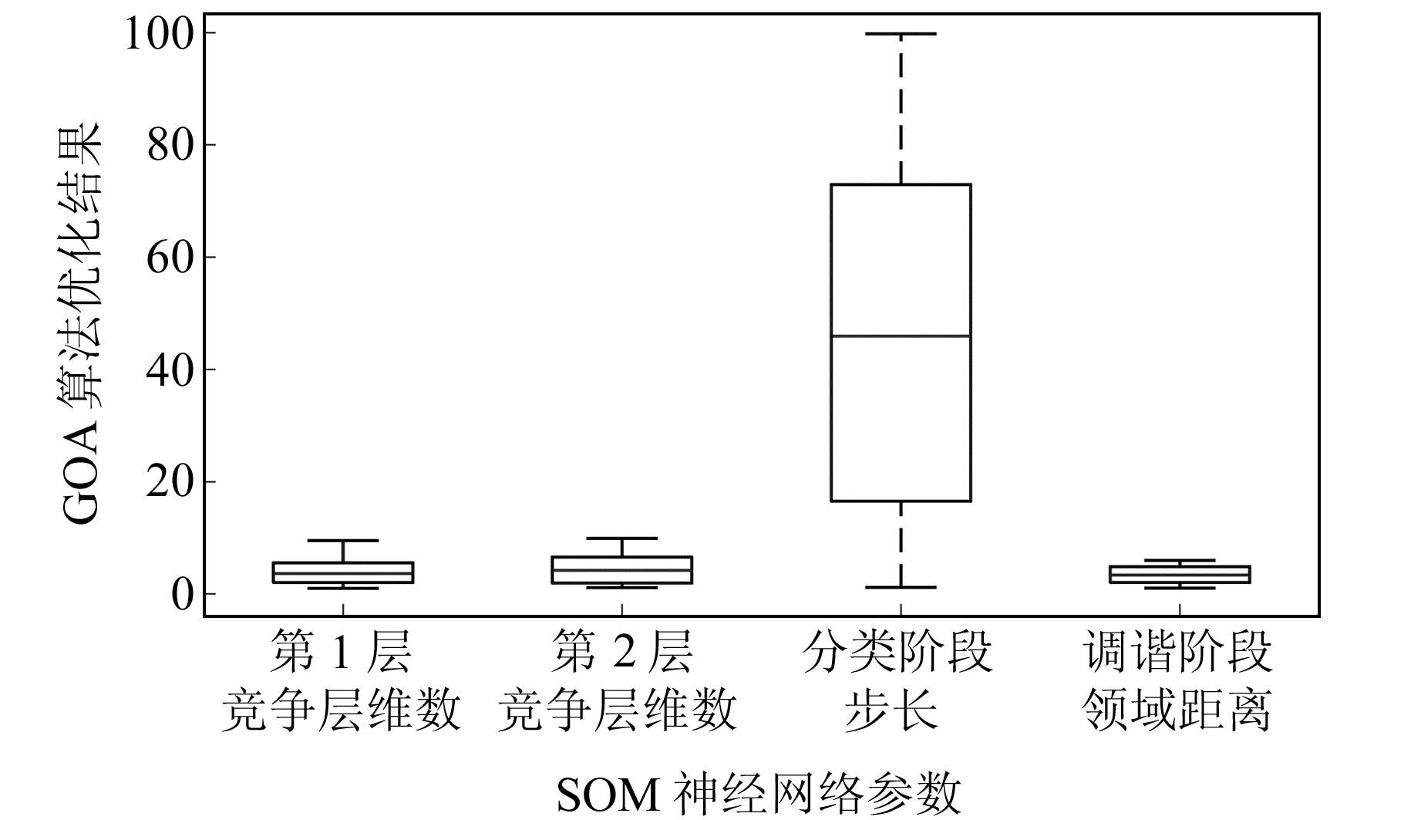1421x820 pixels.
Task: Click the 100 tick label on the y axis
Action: [x=159, y=34]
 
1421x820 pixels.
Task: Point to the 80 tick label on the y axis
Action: [x=170, y=145]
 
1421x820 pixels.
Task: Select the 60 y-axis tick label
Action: [x=170, y=257]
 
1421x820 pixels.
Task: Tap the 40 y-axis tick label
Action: [x=170, y=370]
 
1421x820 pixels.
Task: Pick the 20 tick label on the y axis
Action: [x=170, y=481]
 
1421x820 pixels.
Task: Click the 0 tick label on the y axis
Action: [x=183, y=594]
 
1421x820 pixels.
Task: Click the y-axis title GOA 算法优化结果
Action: [x=80, y=323]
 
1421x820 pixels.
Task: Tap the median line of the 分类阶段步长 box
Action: [x=901, y=336]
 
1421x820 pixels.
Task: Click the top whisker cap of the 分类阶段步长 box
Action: [x=901, y=34]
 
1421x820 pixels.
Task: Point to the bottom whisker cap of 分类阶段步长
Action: [x=901, y=588]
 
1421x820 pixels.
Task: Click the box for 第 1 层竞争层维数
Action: [x=343, y=572]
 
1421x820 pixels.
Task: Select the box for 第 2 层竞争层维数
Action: [x=622, y=570]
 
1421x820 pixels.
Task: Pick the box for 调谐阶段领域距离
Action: [x=1180, y=574]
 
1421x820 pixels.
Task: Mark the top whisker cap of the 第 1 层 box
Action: [x=343, y=541]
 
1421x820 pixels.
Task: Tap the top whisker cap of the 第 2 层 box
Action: [x=622, y=538]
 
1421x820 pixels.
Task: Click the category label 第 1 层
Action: [x=341, y=652]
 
